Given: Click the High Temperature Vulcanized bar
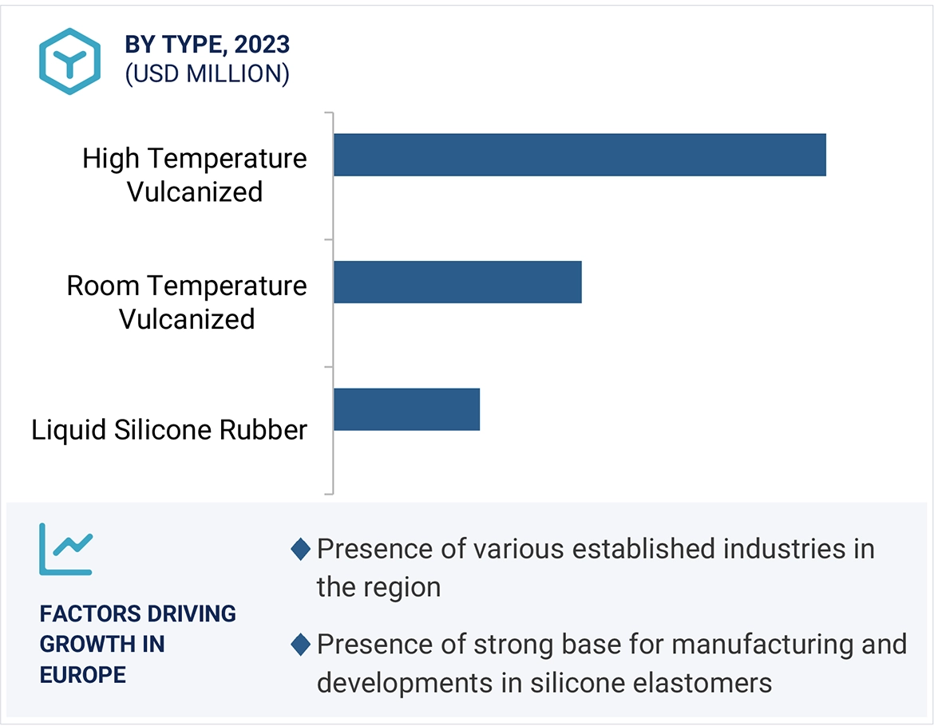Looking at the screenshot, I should point(580,155).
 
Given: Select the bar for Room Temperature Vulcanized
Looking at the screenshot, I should point(457,282).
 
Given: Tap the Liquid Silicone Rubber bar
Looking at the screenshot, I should point(406,409).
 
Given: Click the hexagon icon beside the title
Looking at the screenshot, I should point(69,61).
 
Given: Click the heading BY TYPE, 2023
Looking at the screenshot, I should point(207,45).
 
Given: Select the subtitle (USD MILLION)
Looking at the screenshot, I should point(207,73).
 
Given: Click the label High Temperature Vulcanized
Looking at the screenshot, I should point(195,175).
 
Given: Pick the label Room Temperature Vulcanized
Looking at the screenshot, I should point(187,302).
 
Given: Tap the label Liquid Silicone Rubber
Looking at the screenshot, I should point(169,430).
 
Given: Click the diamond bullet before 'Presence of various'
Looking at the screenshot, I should point(300,549).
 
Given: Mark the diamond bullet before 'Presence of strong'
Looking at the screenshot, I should point(300,644).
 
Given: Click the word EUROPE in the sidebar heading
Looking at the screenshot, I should point(83,675).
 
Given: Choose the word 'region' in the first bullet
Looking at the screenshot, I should point(402,588).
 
